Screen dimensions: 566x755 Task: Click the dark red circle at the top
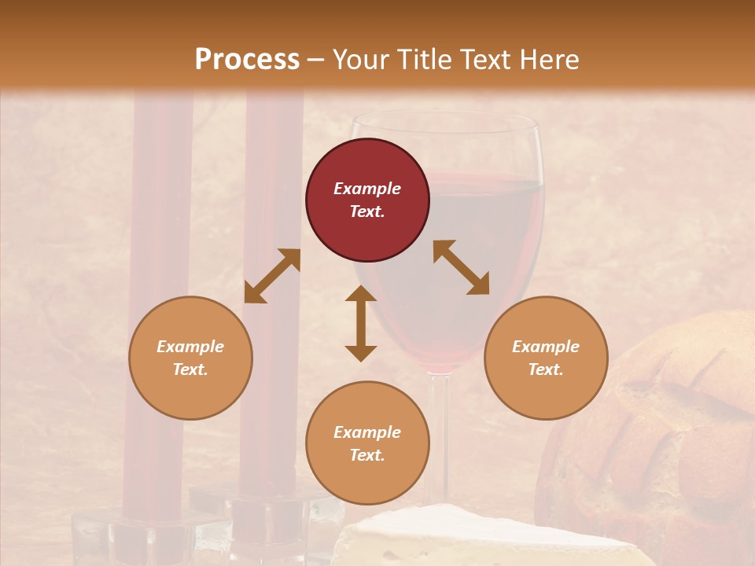pos(367,200)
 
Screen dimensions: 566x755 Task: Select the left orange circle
pos(190,358)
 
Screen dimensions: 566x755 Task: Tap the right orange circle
pos(546,358)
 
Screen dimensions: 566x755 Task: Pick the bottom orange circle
pos(367,443)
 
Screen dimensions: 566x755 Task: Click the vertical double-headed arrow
pos(361,323)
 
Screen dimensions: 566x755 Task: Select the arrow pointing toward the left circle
pos(272,276)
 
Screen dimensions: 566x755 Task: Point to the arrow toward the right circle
pos(462,267)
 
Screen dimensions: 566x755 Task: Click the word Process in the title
pos(247,59)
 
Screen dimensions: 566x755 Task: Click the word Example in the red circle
pos(367,189)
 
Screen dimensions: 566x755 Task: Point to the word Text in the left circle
pos(190,369)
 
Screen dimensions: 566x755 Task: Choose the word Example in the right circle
pos(546,347)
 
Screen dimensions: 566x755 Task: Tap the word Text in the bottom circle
pos(367,455)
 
